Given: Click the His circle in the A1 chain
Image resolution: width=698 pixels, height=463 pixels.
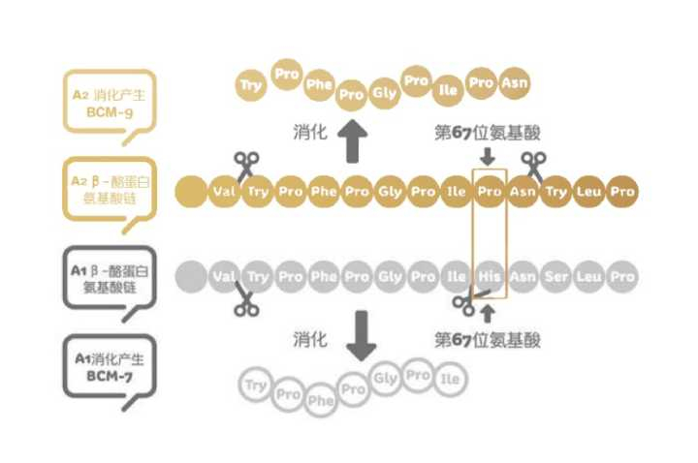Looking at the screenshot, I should (x=490, y=277).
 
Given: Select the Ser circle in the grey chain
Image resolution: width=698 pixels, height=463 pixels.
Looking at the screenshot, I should (x=555, y=277).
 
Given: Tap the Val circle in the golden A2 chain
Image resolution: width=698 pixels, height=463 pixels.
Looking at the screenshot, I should (x=224, y=192).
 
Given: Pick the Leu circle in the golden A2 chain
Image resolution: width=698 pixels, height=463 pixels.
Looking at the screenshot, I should (x=588, y=192).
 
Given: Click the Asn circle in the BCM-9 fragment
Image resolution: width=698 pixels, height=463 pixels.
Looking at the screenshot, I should (x=514, y=84).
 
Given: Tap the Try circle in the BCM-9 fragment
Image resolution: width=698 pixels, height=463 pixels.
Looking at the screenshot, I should (x=251, y=85).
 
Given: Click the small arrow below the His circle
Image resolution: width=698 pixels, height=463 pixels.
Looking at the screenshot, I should (x=488, y=312).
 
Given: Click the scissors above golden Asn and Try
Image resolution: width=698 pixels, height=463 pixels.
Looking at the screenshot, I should (x=532, y=162).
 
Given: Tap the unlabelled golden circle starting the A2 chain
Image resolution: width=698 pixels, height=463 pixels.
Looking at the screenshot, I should (x=190, y=192).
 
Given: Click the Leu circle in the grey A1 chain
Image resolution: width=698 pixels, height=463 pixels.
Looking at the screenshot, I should (x=588, y=277).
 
